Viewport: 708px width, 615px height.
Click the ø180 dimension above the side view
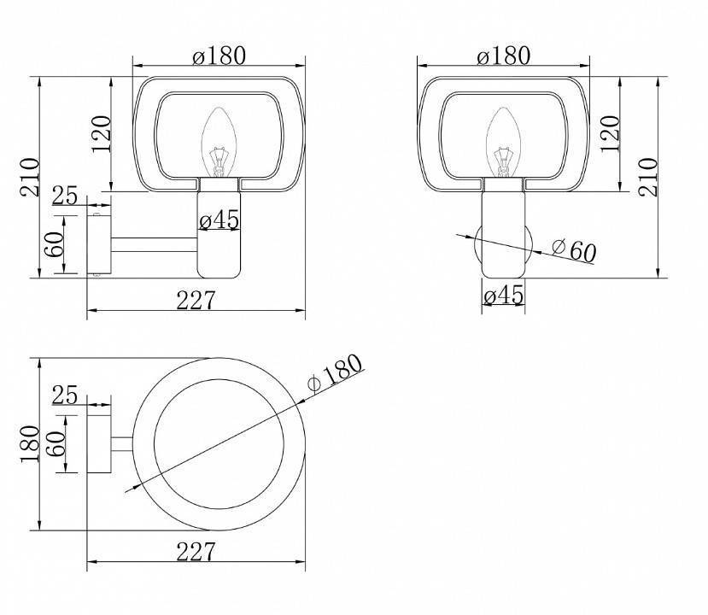point(219,56)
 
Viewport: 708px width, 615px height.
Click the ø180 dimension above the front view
point(503,56)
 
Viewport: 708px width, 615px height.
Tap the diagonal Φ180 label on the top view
point(335,372)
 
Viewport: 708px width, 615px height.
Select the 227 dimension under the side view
point(196,300)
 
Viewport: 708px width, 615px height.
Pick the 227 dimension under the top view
point(196,551)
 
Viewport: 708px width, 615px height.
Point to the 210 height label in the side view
point(30,177)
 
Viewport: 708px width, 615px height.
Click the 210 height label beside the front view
point(647,177)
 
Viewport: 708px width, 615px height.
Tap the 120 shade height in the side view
point(101,135)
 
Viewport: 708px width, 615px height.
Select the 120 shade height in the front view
point(610,135)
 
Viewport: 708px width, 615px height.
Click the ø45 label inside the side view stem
point(219,220)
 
